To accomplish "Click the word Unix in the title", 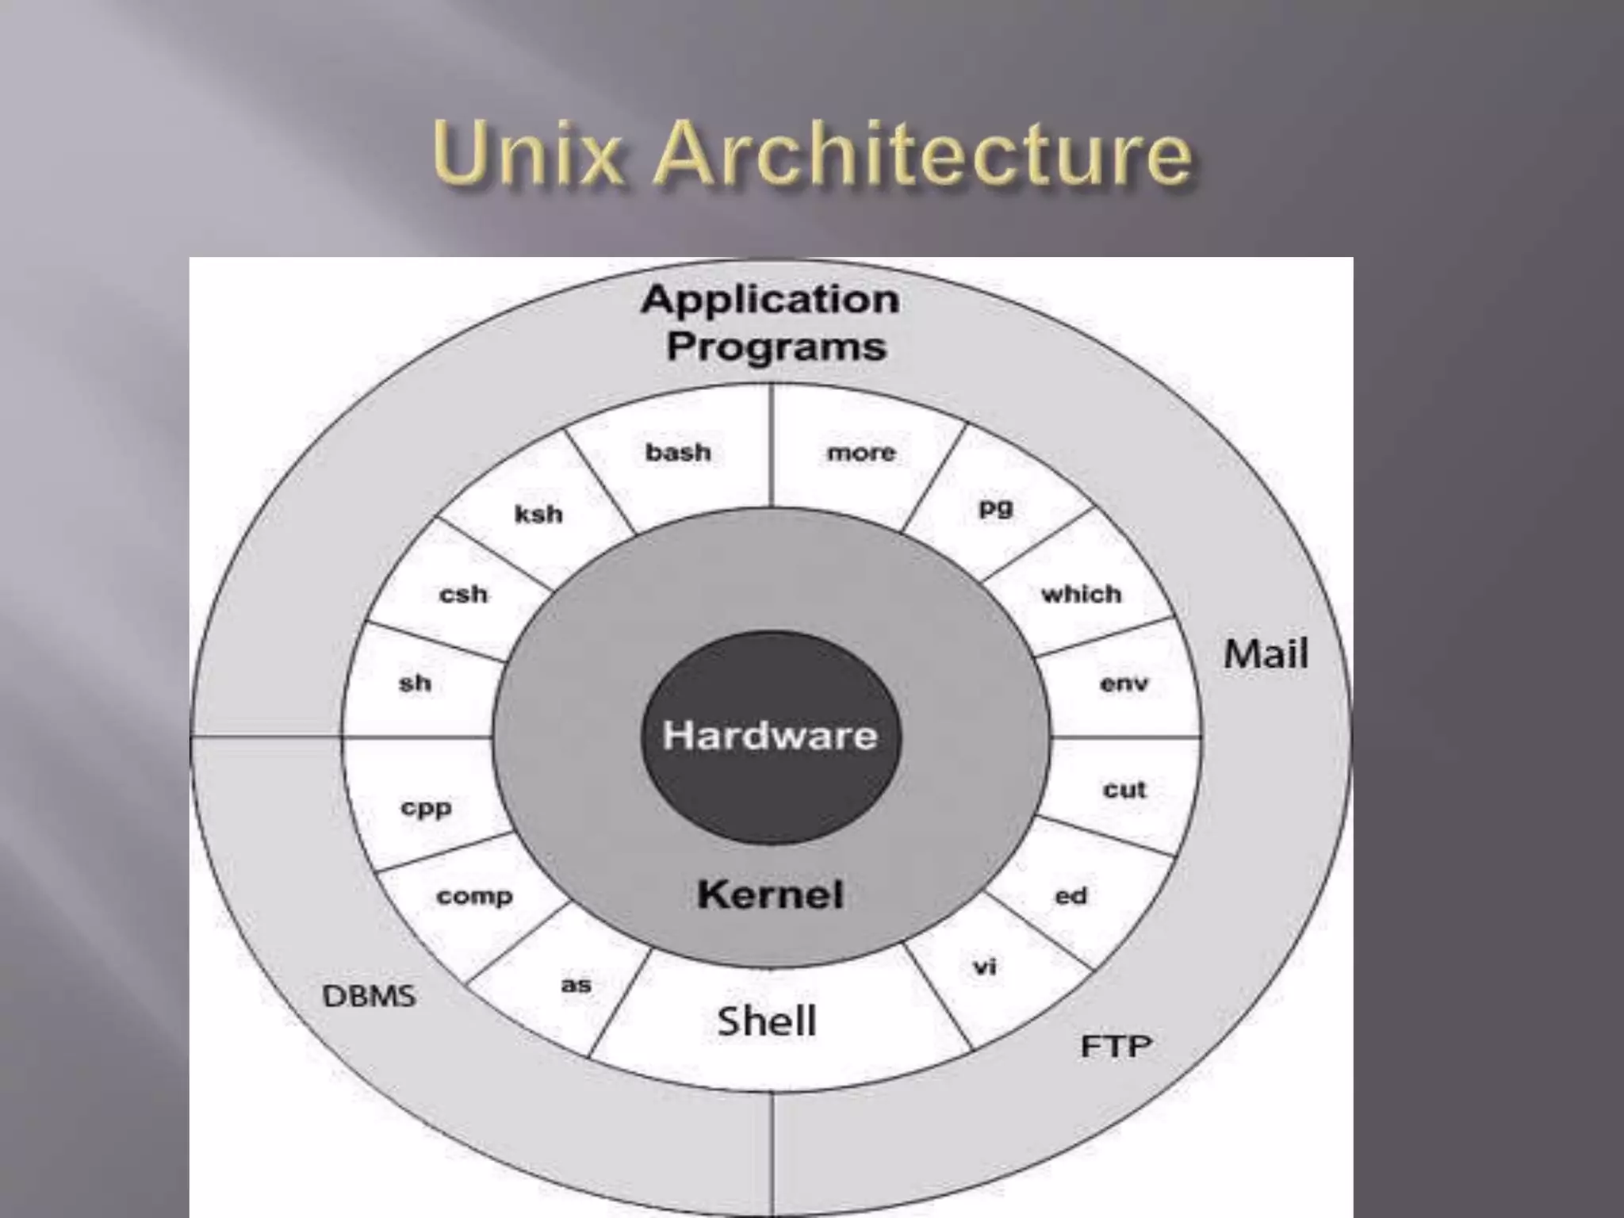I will coord(527,152).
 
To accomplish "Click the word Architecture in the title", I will coord(923,152).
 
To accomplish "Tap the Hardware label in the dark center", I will coord(770,735).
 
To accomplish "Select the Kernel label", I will coord(770,895).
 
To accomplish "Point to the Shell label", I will coord(766,1021).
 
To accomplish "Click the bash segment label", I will coord(678,453).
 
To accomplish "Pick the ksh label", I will coord(538,515).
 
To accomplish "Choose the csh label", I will coord(463,594).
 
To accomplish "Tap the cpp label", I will coord(426,808).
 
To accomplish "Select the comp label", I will coord(474,897).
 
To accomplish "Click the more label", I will coord(861,453).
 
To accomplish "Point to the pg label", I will coord(996,507).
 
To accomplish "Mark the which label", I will coord(1081,594).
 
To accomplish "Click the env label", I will coord(1124,684).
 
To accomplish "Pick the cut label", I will coord(1124,789).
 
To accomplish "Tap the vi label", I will coord(984,967).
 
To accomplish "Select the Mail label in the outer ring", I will coord(1266,654).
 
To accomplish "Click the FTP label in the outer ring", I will coord(1116,1047).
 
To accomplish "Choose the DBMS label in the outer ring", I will coord(369,995).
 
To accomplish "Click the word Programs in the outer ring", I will coord(776,347).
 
